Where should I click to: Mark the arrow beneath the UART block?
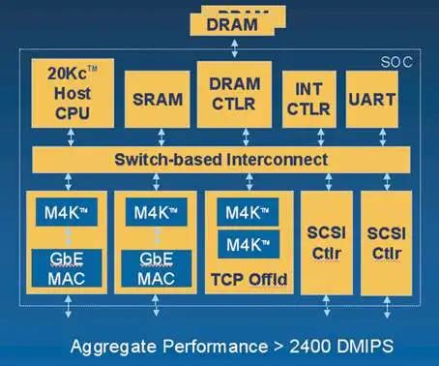[370, 137]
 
